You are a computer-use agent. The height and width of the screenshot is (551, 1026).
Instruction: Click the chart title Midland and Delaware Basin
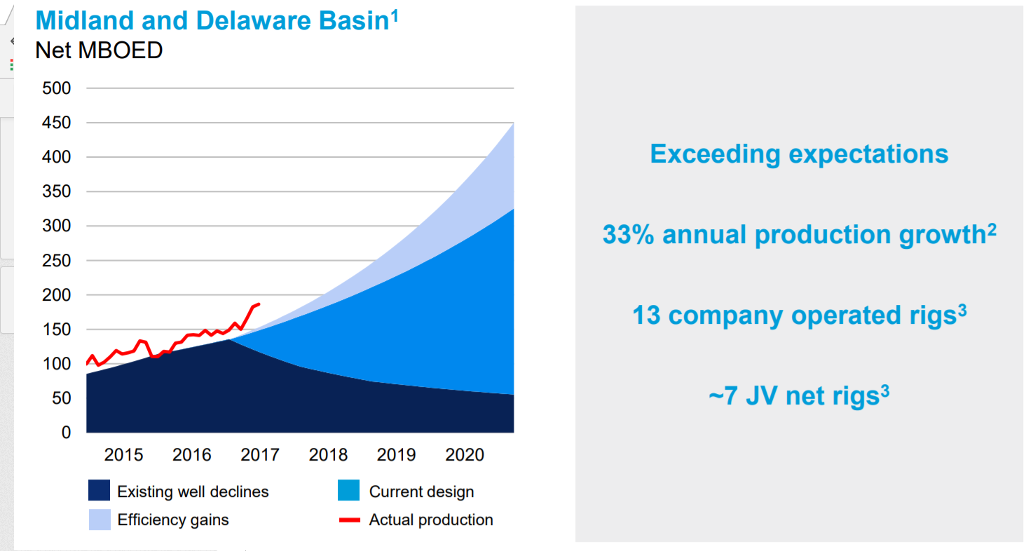(x=212, y=21)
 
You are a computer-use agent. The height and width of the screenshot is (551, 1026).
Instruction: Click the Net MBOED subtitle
(x=98, y=50)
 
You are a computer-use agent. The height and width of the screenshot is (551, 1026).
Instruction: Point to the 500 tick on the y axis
(x=57, y=88)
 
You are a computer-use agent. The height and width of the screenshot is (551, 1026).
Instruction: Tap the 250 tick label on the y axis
(x=57, y=261)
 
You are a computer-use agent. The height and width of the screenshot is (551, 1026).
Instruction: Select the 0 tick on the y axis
(x=67, y=433)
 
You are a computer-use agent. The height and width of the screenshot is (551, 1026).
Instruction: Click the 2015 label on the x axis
(x=123, y=456)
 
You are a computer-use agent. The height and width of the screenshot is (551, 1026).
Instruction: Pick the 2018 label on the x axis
(x=328, y=456)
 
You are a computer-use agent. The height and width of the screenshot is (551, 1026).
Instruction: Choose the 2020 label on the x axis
(x=465, y=456)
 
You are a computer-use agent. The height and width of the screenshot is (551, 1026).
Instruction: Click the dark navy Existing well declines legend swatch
(x=99, y=491)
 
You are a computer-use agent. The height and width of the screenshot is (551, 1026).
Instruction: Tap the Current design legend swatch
(x=348, y=491)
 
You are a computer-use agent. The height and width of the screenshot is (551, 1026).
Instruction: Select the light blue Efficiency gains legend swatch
(x=99, y=519)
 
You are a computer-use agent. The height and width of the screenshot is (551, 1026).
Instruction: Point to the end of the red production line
(x=259, y=304)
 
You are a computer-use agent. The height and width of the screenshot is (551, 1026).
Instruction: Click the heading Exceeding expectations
(x=799, y=154)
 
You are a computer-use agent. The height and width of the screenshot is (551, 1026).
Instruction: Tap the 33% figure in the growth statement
(x=629, y=235)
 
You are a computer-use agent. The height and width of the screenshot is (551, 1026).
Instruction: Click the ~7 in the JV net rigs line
(x=724, y=396)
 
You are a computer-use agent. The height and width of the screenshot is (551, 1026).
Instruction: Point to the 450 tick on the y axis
(x=57, y=123)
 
